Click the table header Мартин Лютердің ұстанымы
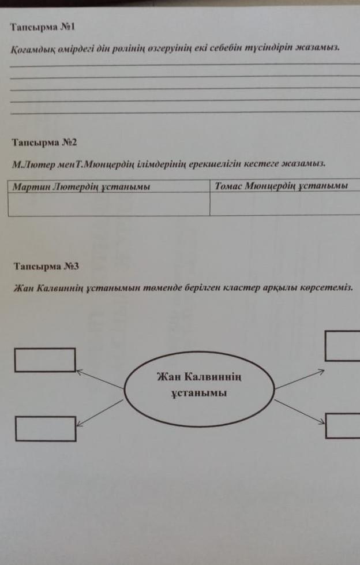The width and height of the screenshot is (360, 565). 81,186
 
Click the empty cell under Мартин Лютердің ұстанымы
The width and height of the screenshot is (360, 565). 109,204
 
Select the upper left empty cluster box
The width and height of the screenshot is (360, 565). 45,360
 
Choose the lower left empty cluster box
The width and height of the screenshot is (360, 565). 46,429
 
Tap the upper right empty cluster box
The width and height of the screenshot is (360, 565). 343,346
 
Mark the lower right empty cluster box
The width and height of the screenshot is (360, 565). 343,426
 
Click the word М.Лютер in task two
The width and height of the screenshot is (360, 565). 31,165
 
